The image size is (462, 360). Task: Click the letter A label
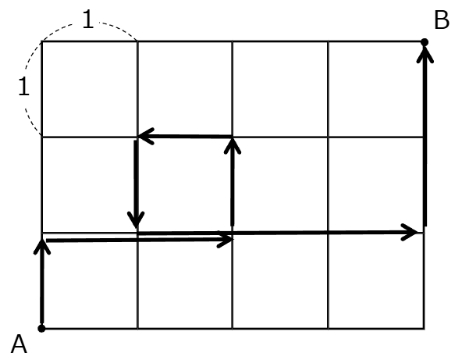[19, 344]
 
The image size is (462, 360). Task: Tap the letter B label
[442, 20]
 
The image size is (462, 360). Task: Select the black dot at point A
[41, 328]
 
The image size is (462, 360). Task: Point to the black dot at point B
[425, 42]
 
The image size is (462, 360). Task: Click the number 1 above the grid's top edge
[88, 19]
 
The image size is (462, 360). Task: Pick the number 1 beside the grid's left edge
[24, 86]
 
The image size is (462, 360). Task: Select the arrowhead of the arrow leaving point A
[42, 246]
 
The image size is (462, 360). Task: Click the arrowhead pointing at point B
[425, 55]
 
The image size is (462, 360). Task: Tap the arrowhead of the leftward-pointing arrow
[146, 136]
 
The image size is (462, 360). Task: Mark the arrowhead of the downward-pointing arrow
[136, 220]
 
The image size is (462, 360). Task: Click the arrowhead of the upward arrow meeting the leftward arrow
[233, 146]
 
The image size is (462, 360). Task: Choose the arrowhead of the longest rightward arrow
[409, 233]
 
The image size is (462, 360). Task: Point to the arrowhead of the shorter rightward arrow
[226, 239]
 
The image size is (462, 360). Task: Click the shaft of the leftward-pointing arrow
[186, 136]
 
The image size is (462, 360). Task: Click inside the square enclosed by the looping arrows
[185, 185]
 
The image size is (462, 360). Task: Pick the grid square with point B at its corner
[376, 89]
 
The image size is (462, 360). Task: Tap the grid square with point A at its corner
[90, 280]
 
